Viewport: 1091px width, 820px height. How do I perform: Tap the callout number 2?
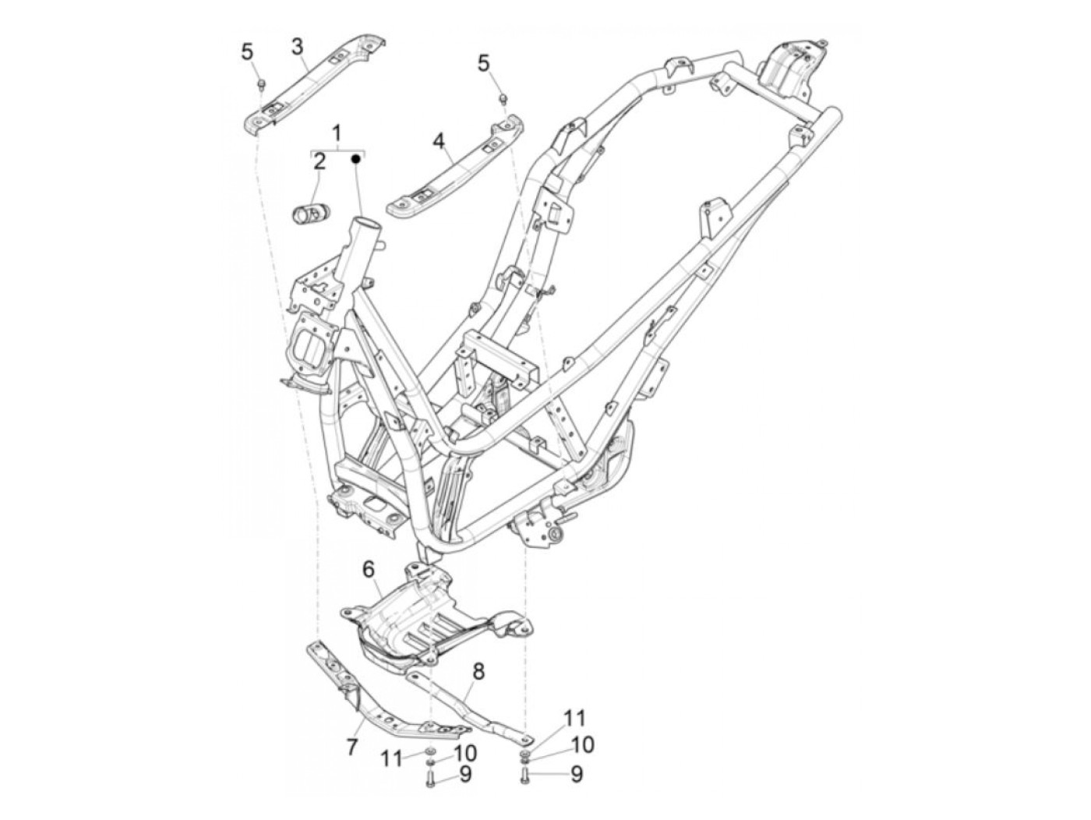(x=320, y=162)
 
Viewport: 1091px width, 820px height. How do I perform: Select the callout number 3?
(x=297, y=46)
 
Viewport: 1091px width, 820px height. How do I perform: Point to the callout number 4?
(x=439, y=141)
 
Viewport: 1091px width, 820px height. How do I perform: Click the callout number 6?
(x=369, y=570)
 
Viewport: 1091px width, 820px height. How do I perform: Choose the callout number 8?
(x=478, y=670)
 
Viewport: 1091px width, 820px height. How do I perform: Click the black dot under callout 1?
(x=355, y=159)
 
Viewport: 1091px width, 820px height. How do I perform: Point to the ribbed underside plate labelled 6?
(x=421, y=616)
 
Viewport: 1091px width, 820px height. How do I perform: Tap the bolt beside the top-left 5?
(x=261, y=83)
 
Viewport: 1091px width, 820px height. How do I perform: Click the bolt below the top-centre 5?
(x=503, y=98)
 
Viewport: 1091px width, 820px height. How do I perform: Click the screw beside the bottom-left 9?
(x=429, y=776)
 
